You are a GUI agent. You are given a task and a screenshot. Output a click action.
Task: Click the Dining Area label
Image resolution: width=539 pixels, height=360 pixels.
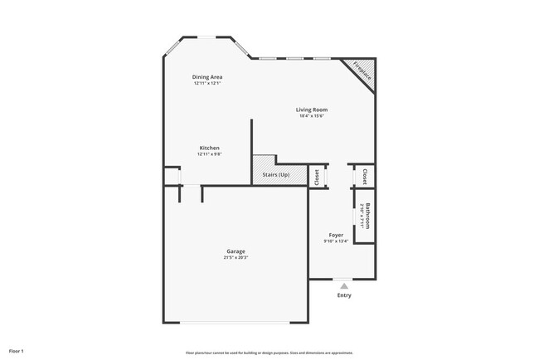208,77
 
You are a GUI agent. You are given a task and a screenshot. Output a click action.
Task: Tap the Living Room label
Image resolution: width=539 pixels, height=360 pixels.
312,109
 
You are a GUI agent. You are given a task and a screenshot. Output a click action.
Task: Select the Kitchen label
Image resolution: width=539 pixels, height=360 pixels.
209,148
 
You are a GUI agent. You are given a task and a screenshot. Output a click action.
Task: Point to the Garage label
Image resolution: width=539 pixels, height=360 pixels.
236,251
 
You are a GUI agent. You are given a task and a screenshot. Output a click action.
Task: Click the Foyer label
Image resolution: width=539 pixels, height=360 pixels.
336,236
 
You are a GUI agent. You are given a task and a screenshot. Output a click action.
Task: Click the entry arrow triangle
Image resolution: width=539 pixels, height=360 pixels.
344,285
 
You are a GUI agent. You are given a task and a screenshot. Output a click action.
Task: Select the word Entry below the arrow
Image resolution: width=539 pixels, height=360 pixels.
344,295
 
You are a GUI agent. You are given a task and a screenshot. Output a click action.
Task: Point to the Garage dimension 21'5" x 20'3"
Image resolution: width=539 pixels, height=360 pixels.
236,258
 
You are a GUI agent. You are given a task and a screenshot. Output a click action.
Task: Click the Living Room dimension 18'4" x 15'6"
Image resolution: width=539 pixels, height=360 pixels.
312,116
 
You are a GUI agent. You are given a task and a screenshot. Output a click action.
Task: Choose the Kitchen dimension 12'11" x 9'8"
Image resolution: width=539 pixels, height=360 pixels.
209,155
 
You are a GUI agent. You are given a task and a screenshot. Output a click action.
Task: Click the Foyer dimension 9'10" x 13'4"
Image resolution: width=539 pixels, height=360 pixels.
336,242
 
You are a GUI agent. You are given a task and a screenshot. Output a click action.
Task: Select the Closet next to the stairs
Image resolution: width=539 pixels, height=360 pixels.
317,177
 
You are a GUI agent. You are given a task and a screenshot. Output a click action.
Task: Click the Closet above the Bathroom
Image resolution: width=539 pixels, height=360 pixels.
365,176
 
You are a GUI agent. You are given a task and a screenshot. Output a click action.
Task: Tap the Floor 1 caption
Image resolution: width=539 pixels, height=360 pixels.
17,351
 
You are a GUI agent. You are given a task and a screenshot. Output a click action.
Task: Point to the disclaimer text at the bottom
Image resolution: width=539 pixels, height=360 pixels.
269,351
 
